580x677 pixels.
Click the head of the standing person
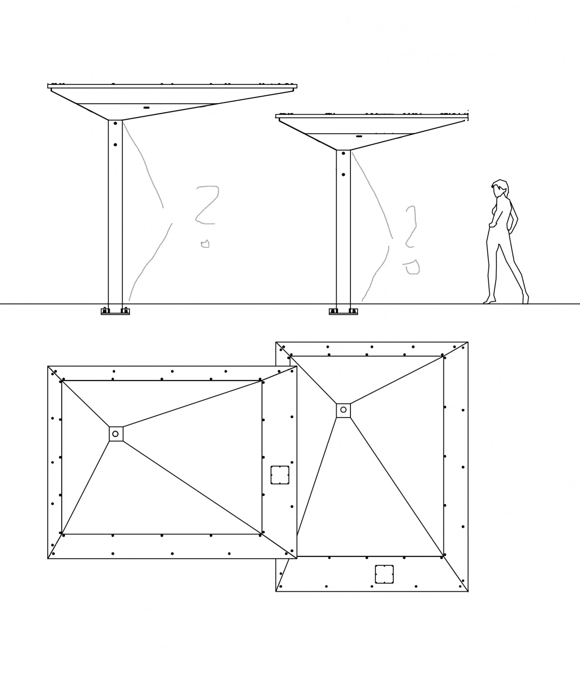tap(500, 188)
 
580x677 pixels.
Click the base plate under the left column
tap(115, 311)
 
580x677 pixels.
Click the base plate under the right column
tap(343, 311)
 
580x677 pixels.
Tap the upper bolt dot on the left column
tap(115, 124)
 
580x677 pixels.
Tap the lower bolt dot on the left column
tap(115, 144)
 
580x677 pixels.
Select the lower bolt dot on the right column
tap(343, 175)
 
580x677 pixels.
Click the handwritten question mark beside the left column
tap(207, 205)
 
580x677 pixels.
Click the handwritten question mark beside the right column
tap(411, 227)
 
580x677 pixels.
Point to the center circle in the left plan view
tap(115, 434)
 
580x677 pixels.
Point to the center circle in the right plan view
tap(343, 410)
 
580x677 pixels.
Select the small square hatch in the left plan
tap(280, 475)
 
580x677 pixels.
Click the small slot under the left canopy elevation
tap(147, 107)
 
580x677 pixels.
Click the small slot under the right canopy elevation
tap(359, 136)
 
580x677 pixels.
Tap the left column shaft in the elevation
tap(115, 212)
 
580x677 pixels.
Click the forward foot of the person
tap(489, 300)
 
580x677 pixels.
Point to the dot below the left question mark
tap(205, 244)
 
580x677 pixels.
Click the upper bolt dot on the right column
tap(343, 153)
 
